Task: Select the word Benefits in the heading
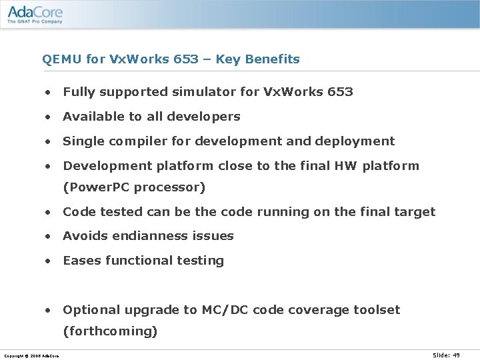click(x=272, y=59)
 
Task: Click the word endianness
click(x=143, y=236)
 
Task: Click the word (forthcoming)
click(x=110, y=331)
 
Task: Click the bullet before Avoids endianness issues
click(x=49, y=236)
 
